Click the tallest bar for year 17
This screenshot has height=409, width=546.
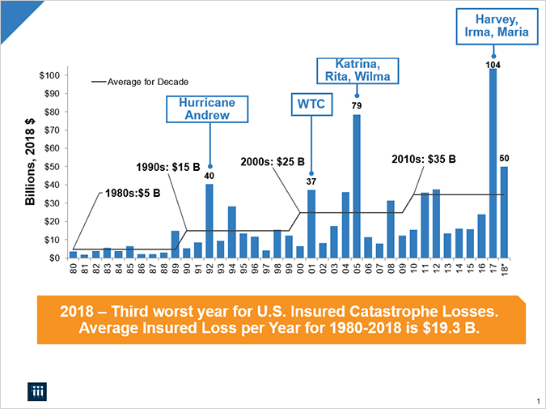pos(493,162)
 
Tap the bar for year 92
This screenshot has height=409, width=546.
pos(209,220)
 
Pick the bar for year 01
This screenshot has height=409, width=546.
pos(311,224)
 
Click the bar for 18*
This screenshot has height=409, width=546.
pos(504,212)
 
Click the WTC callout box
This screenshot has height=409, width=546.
pos(311,105)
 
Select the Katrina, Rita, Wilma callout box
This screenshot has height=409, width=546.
pos(358,70)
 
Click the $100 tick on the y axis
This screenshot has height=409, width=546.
pos(50,75)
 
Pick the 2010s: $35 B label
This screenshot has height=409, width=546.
pos(423,160)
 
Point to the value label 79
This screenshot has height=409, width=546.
pos(356,106)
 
